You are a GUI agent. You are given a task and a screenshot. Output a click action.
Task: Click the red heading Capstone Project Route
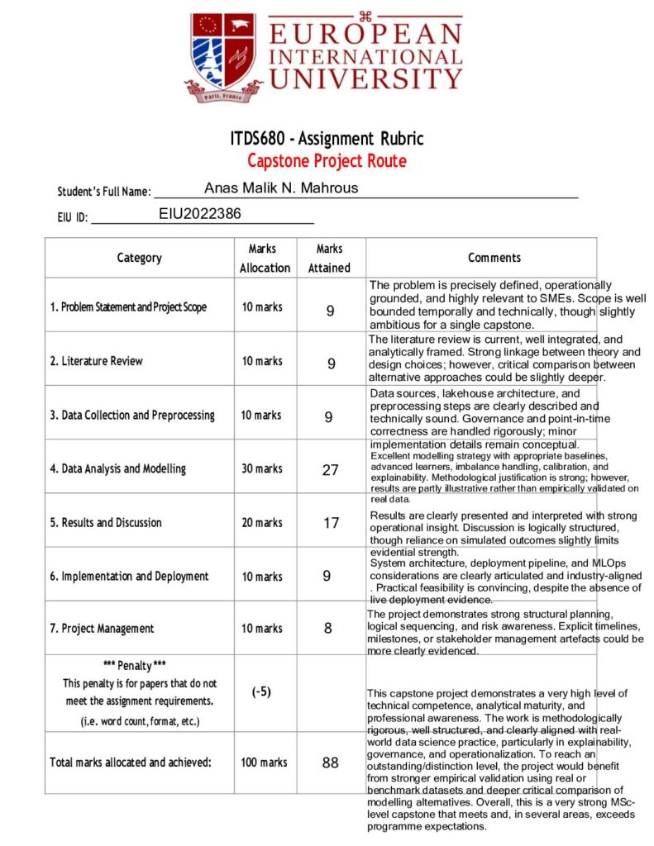[x=327, y=160]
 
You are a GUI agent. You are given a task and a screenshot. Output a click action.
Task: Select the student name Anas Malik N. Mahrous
[x=281, y=188]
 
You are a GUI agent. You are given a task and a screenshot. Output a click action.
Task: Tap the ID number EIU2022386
[x=200, y=214]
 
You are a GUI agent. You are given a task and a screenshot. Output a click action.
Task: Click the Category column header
[x=139, y=258]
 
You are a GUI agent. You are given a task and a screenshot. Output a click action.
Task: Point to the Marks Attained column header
[x=329, y=258]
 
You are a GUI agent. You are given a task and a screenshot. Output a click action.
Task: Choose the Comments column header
[x=494, y=258]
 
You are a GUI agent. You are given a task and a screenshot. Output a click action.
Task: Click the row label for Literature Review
[x=96, y=361]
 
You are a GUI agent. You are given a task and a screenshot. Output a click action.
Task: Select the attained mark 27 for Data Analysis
[x=330, y=470]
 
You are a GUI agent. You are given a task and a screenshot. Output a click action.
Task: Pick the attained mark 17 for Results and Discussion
[x=330, y=523]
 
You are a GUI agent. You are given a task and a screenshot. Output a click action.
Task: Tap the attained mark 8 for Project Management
[x=328, y=629]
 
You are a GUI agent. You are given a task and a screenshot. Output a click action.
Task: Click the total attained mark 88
[x=330, y=763]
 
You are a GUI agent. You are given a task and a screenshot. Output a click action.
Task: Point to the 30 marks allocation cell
[x=261, y=469]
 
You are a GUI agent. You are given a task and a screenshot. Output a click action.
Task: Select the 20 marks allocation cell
[x=261, y=523]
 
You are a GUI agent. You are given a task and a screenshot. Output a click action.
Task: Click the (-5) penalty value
[x=261, y=692]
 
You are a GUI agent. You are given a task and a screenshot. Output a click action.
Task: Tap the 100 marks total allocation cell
[x=262, y=763]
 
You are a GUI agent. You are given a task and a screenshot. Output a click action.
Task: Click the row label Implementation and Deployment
[x=129, y=577]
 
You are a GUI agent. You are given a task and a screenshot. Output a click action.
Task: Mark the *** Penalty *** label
[x=139, y=665]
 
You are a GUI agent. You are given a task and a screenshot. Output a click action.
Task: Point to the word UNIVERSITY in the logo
[x=365, y=79]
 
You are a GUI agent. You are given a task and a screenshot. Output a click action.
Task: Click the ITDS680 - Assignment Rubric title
[x=327, y=138]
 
